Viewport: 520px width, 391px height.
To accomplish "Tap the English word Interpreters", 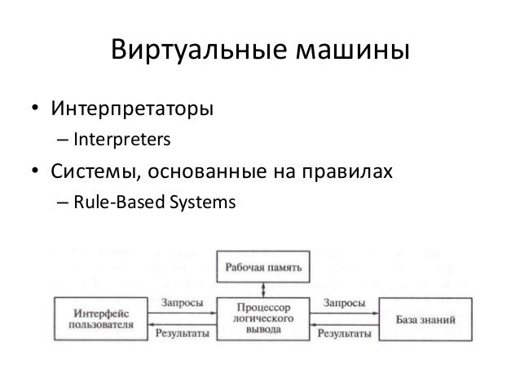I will tap(121, 141).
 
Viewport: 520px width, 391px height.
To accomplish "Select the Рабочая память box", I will tap(262, 267).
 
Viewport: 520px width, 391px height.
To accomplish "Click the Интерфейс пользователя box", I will tap(93, 318).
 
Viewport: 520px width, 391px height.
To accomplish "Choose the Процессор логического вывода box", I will tap(262, 318).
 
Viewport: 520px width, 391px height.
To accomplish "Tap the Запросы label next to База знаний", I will tap(343, 302).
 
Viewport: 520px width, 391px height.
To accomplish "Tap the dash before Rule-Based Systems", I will tap(62, 206).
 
